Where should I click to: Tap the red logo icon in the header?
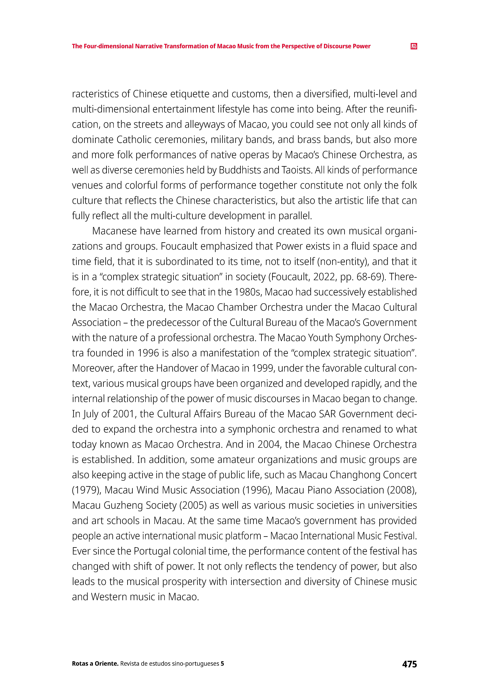(414, 46)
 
